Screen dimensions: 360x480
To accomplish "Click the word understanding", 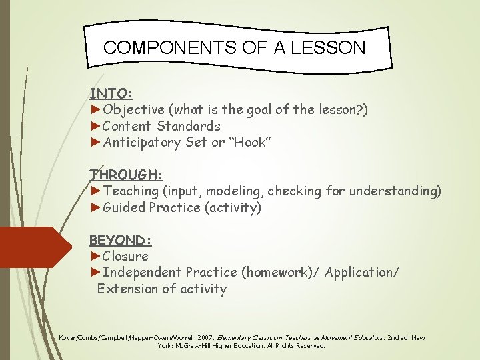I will click(399, 191).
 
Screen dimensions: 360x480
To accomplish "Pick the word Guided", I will click(124, 207).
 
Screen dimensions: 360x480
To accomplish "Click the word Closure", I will click(126, 256).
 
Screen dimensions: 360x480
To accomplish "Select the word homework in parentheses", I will click(275, 272).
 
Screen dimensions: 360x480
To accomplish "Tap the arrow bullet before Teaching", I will click(96, 191).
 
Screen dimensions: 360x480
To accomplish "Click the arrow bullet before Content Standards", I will click(96, 126).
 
